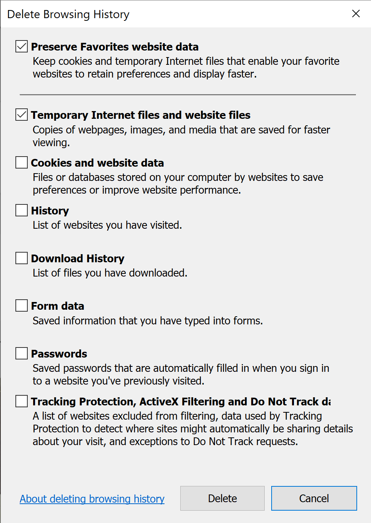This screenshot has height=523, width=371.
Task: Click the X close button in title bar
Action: click(x=356, y=14)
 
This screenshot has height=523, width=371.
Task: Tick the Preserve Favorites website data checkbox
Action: click(x=22, y=47)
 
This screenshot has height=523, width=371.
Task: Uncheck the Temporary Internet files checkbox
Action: click(x=22, y=115)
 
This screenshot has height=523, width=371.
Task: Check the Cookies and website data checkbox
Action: click(x=22, y=162)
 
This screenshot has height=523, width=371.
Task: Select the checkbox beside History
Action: click(x=22, y=210)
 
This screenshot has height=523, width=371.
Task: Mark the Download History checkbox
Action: click(x=22, y=258)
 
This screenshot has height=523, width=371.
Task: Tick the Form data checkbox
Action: click(x=22, y=305)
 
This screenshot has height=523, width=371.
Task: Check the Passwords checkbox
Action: click(x=22, y=353)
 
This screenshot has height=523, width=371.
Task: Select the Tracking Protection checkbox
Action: click(x=22, y=401)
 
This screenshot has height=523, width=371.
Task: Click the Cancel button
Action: click(x=314, y=498)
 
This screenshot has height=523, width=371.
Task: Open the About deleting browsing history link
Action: click(x=92, y=499)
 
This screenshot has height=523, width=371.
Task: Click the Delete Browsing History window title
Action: click(x=68, y=14)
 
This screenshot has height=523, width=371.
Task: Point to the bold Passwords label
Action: click(x=59, y=354)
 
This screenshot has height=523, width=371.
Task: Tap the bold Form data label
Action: click(x=57, y=306)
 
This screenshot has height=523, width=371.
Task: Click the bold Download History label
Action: click(x=77, y=258)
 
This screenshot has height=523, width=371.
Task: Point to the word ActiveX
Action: click(x=159, y=402)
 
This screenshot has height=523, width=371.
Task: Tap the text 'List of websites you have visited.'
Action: click(x=107, y=225)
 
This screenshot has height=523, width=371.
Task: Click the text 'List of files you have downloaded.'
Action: click(x=110, y=273)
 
